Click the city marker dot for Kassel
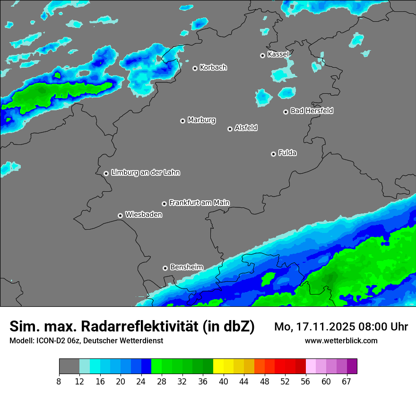(x=262, y=55)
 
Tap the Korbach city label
(x=213, y=67)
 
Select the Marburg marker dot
(x=182, y=121)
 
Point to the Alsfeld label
(x=246, y=128)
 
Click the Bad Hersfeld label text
(x=312, y=111)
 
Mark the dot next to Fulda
(x=273, y=154)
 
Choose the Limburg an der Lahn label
(x=145, y=173)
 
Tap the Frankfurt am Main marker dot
(x=164, y=204)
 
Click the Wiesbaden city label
(x=143, y=214)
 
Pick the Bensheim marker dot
(x=165, y=268)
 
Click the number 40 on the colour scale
(x=224, y=381)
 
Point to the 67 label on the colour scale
(x=347, y=381)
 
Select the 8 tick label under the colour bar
(x=59, y=381)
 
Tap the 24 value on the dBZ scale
(x=141, y=381)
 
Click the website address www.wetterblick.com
(x=341, y=340)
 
